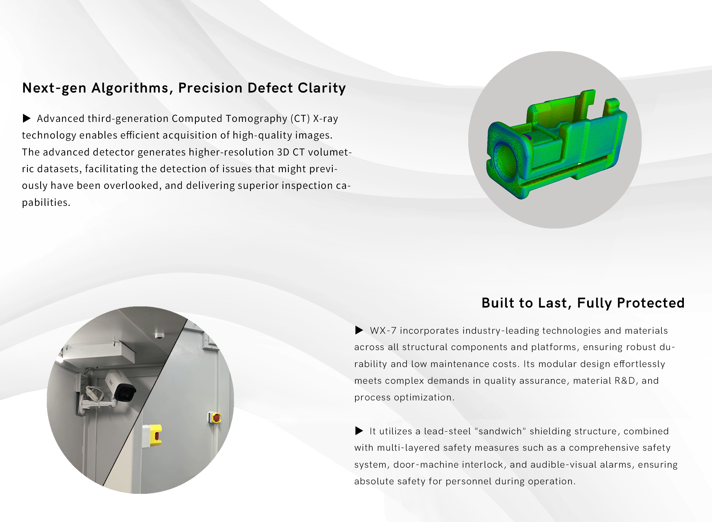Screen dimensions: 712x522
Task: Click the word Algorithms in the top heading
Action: coord(129,88)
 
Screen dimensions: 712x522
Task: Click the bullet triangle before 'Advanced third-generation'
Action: coord(27,118)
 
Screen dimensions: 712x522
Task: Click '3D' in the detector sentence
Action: coord(283,152)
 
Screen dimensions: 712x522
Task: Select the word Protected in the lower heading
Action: coord(651,303)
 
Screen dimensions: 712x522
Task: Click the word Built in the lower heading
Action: coord(498,303)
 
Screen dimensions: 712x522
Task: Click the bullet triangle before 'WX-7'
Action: coord(359,330)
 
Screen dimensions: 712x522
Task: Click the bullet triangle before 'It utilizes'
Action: coord(359,431)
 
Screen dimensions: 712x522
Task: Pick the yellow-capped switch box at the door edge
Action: coord(152,436)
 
